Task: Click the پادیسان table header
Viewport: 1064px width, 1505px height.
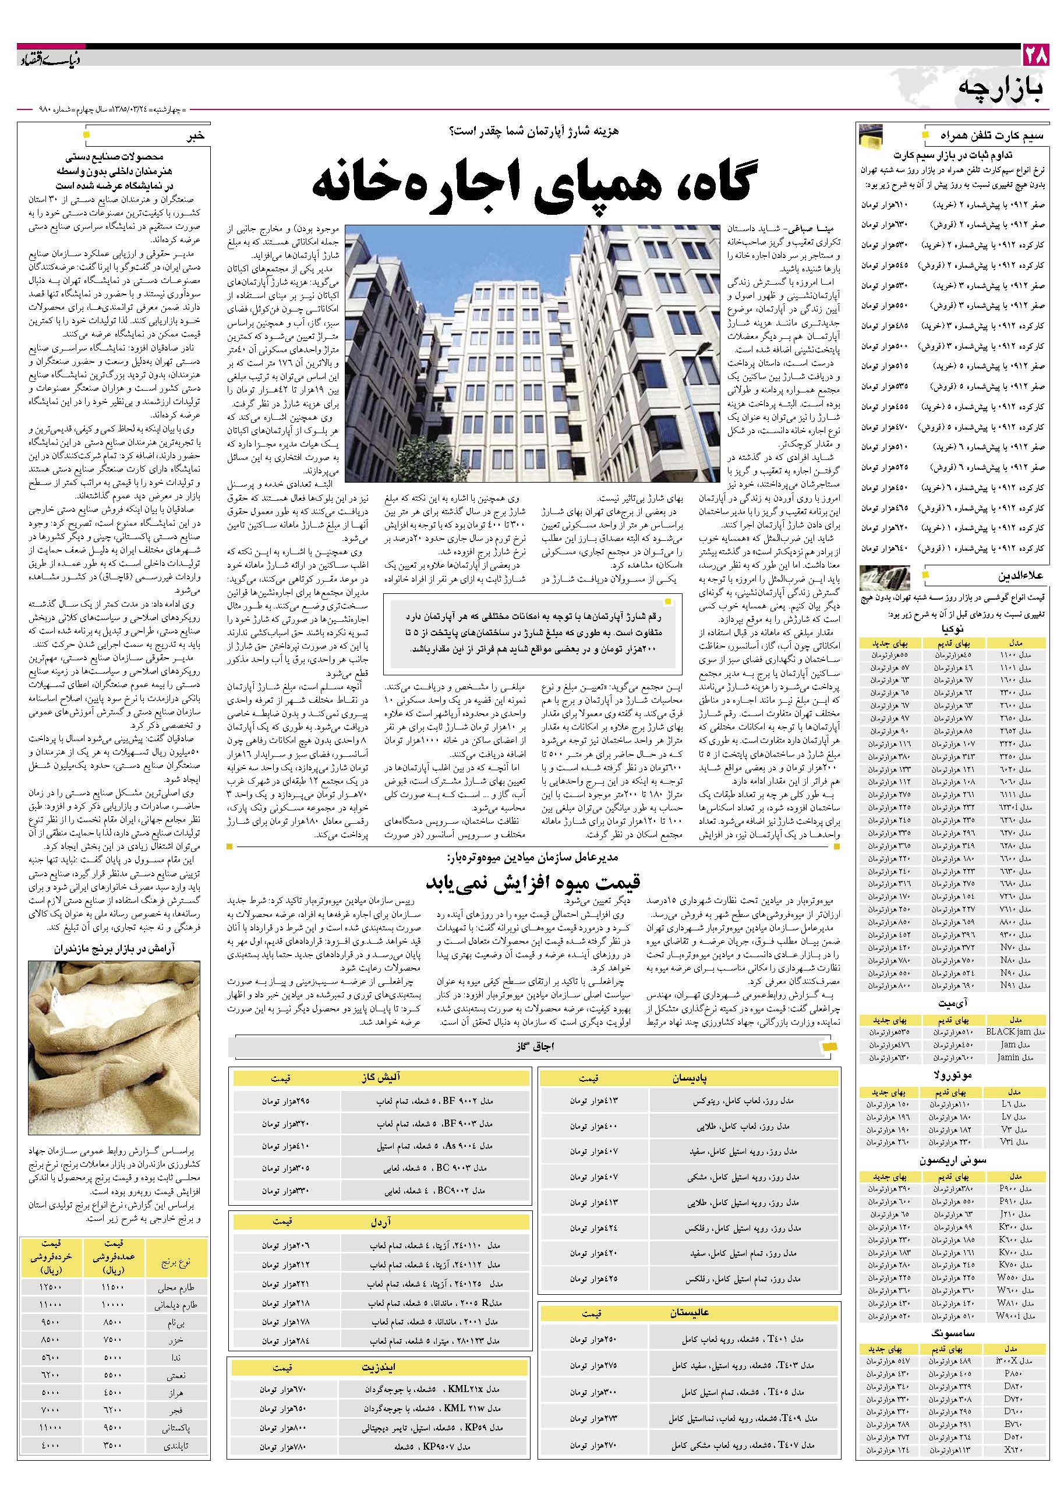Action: pyautogui.click(x=689, y=1078)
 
